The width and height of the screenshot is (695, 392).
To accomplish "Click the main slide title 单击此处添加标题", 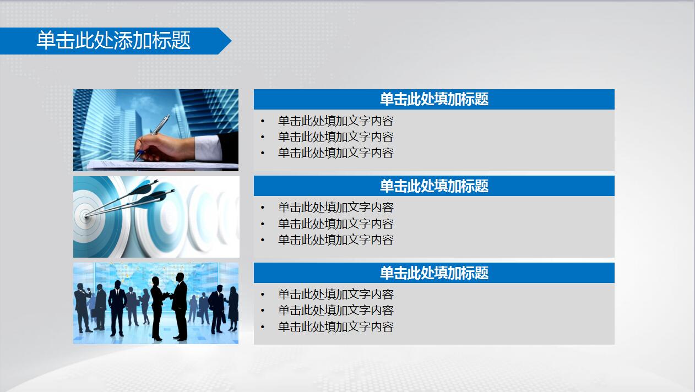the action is [x=113, y=40].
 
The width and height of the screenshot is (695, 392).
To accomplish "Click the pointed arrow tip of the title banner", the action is [x=231, y=41].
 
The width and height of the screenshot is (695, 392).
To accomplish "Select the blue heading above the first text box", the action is [x=434, y=99].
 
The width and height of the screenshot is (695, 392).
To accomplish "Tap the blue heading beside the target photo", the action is [x=434, y=186].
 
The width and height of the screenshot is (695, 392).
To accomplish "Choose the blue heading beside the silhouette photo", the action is [x=434, y=273].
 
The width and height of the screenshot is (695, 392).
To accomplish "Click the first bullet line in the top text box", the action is [x=336, y=121].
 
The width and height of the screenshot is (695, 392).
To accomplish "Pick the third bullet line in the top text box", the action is [x=336, y=153].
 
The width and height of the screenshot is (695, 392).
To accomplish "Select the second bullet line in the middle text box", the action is [x=336, y=224].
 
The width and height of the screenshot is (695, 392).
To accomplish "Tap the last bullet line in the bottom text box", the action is [x=336, y=326].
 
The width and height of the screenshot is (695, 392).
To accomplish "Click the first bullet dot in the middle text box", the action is [x=263, y=208].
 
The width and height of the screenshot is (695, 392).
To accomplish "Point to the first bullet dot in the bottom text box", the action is [x=263, y=295].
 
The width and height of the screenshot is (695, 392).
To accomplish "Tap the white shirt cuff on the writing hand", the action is [x=207, y=148].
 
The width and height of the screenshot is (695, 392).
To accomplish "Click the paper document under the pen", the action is [x=161, y=165].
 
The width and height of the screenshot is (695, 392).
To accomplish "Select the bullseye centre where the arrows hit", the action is [x=86, y=215].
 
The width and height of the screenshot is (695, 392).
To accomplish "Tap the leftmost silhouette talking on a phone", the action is [x=82, y=308].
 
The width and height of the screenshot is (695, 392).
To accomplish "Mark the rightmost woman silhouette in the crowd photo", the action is [x=234, y=308].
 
